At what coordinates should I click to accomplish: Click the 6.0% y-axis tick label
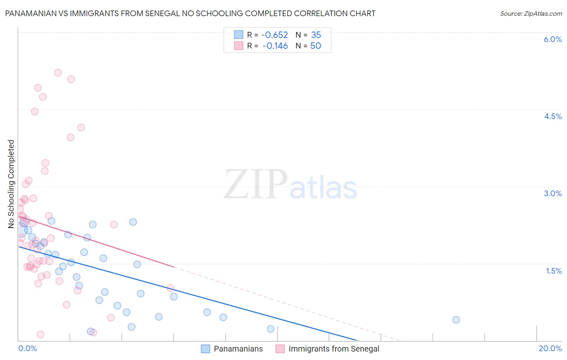[x=552, y=39]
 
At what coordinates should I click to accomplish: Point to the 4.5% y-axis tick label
[x=552, y=116]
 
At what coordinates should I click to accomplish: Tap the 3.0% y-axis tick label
[x=552, y=193]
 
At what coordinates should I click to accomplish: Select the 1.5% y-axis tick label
[x=554, y=271]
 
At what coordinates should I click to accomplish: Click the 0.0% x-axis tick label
[x=27, y=348]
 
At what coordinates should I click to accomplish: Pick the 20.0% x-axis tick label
[x=550, y=348]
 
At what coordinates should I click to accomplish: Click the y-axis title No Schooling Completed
[x=11, y=184]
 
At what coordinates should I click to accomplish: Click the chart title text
[x=190, y=13]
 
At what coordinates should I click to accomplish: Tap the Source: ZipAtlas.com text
[x=531, y=13]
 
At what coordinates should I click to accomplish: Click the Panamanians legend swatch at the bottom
[x=206, y=349]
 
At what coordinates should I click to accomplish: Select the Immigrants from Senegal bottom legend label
[x=334, y=349]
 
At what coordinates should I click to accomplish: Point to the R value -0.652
[x=275, y=35]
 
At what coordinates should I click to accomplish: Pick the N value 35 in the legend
[x=316, y=35]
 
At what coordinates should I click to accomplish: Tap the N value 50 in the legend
[x=315, y=46]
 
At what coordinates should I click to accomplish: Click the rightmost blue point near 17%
[x=456, y=320]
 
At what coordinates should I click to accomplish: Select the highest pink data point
[x=58, y=73]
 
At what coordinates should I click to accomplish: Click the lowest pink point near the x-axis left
[x=40, y=334]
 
